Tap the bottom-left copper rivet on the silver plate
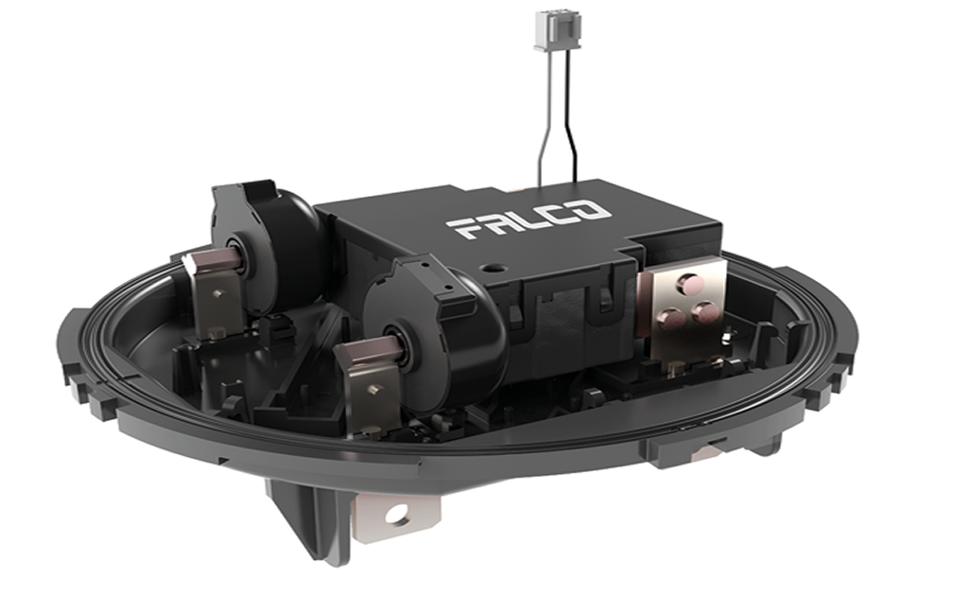(670, 320)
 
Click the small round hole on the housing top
(492, 269)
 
